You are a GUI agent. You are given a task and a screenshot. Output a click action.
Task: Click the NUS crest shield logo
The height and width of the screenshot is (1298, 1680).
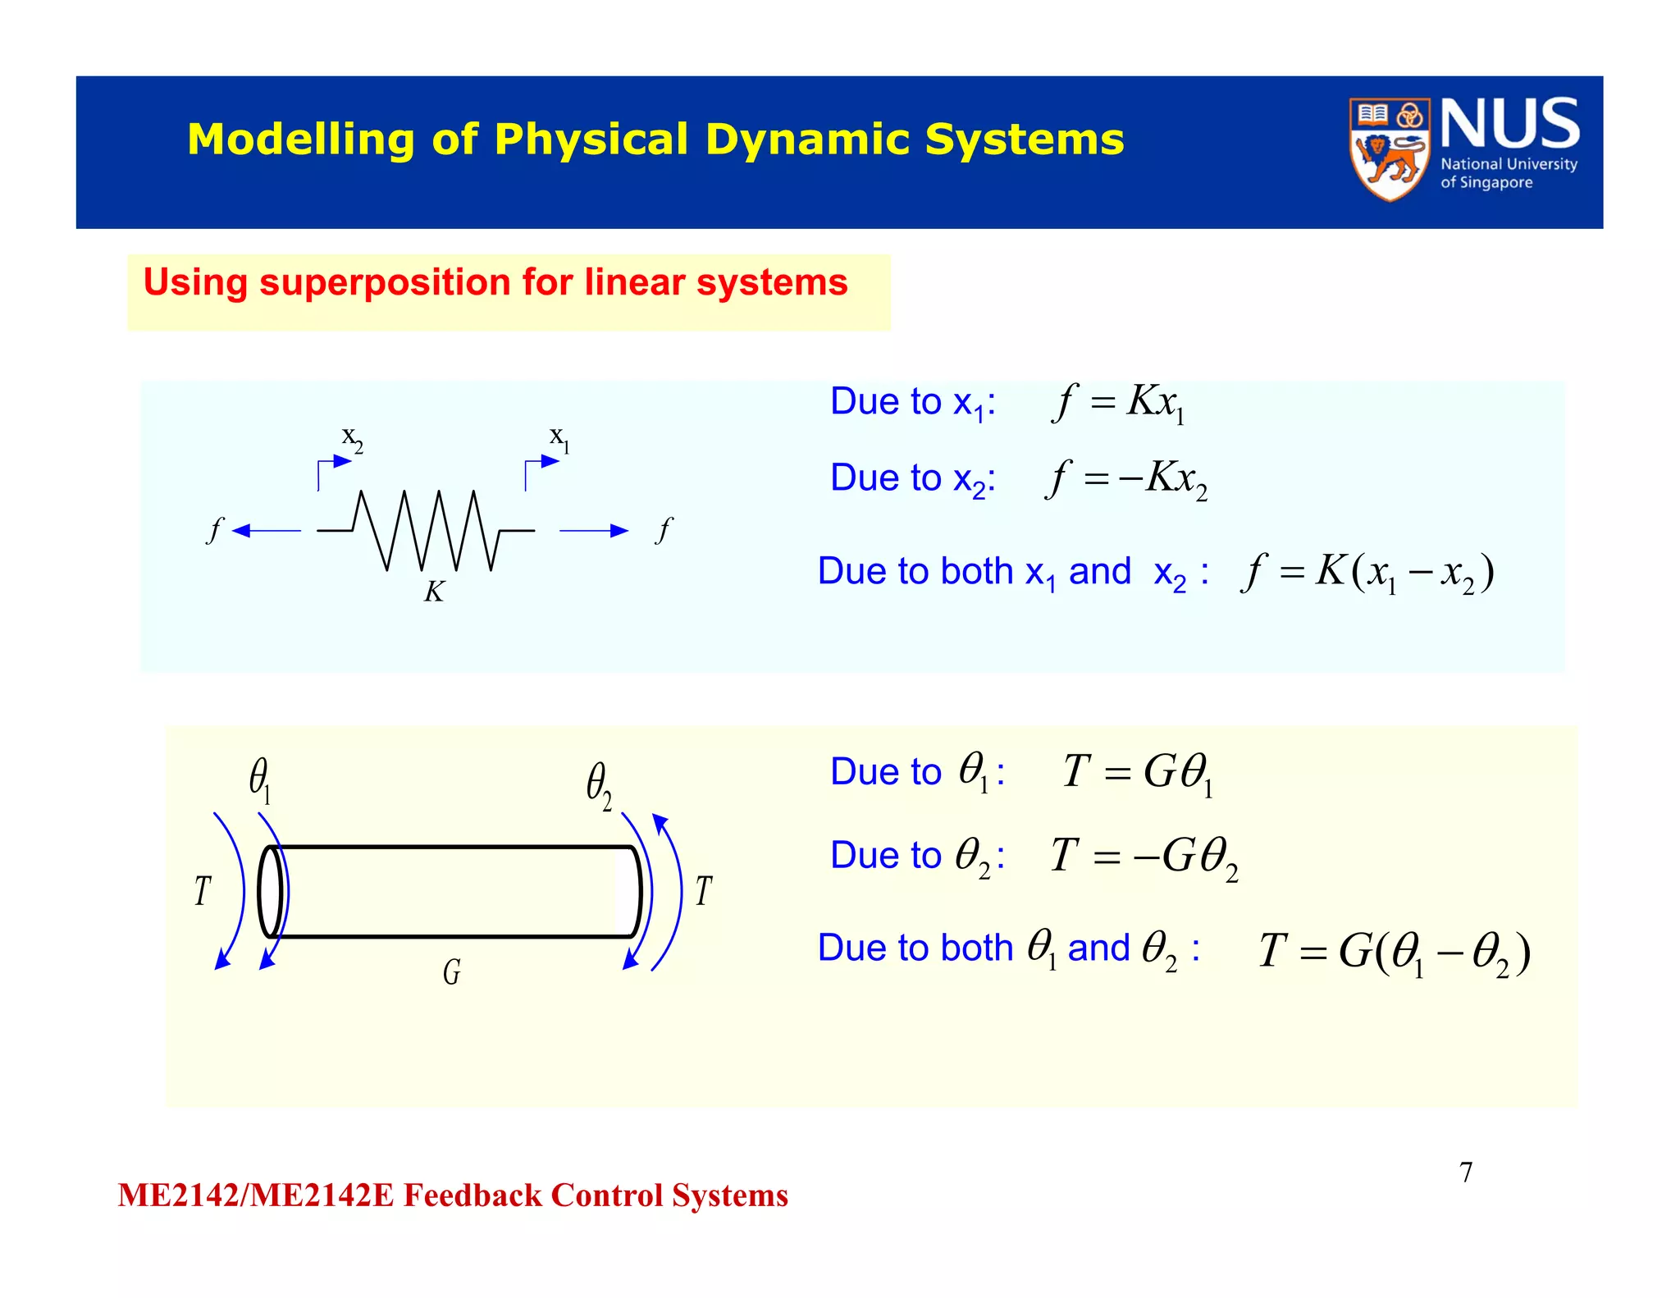click(1389, 149)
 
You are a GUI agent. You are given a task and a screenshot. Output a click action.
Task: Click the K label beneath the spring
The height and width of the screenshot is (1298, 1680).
click(434, 592)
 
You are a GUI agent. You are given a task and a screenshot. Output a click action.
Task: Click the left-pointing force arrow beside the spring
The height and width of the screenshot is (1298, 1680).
click(267, 531)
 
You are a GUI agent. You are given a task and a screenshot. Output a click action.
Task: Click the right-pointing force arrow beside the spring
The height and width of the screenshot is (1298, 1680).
click(594, 531)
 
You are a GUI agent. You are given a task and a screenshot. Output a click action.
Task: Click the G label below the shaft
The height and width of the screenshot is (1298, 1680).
click(452, 972)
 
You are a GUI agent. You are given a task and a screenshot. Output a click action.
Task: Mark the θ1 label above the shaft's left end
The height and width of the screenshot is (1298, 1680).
click(260, 779)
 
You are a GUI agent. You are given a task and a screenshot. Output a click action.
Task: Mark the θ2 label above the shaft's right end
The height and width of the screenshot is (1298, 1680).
click(599, 784)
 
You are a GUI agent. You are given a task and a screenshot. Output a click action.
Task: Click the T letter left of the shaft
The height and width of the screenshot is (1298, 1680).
click(203, 891)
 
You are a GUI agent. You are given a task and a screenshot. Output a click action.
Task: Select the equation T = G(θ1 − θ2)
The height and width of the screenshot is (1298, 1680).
click(1395, 953)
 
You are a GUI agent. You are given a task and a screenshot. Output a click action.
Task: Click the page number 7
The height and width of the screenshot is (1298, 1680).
click(1466, 1172)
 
